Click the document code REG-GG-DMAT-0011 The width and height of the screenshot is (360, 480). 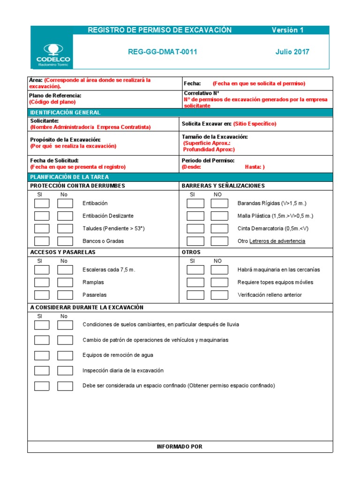162,52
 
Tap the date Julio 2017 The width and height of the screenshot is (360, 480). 292,52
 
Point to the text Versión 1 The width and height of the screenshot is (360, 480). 288,30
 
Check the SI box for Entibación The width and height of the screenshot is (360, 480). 42,203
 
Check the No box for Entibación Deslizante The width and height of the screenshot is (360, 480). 65,216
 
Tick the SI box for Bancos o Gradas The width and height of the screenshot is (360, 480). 42,241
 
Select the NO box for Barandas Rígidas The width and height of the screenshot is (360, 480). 219,203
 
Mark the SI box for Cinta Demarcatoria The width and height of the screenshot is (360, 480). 195,229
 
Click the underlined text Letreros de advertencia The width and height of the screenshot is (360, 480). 277,241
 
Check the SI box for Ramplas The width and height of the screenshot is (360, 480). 42,283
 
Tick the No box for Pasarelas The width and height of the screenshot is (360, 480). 65,295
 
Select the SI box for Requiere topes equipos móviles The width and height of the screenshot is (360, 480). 195,283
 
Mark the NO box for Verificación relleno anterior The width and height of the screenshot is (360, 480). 219,295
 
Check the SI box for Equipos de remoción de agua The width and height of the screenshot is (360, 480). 42,356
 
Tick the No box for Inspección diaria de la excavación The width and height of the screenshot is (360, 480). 65,371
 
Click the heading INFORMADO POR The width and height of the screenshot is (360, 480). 180,447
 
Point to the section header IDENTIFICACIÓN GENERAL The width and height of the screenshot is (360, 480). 65,113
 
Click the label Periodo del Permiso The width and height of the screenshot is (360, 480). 208,161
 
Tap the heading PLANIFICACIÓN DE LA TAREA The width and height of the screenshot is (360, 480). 69,177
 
